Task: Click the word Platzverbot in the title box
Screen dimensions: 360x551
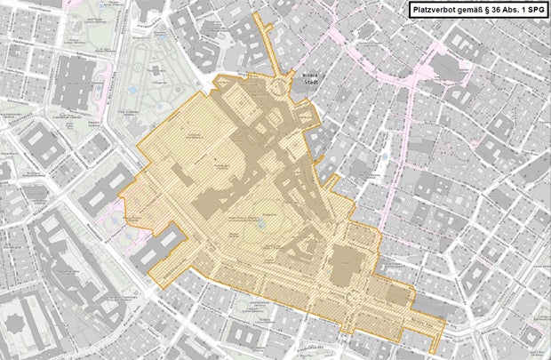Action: click(437, 10)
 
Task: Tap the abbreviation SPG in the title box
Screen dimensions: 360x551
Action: click(532, 10)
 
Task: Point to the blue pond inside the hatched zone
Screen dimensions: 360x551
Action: click(260, 224)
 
